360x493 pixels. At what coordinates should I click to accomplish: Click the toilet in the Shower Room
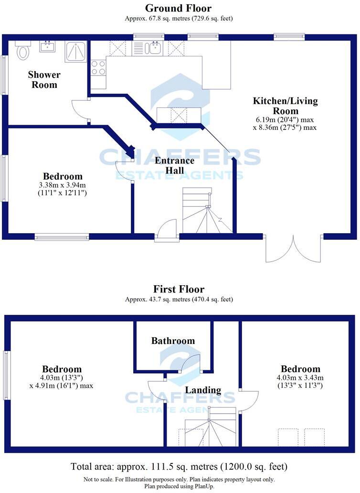click(x=22, y=50)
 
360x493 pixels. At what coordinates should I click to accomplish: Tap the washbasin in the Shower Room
click(x=47, y=46)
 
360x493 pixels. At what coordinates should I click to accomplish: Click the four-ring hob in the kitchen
click(x=98, y=68)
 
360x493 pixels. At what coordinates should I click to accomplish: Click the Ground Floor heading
click(x=178, y=8)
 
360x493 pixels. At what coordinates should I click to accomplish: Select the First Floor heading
click(x=179, y=289)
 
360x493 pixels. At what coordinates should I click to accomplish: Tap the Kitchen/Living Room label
click(x=285, y=106)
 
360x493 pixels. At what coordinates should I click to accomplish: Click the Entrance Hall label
click(x=180, y=165)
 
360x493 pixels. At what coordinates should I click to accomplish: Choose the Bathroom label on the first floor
click(x=173, y=341)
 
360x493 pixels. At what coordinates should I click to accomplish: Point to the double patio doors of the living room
click(x=293, y=248)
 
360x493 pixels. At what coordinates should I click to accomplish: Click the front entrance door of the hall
click(x=166, y=230)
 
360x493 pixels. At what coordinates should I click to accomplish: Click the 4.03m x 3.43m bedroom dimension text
click(x=300, y=382)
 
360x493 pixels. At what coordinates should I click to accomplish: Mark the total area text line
click(x=179, y=466)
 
